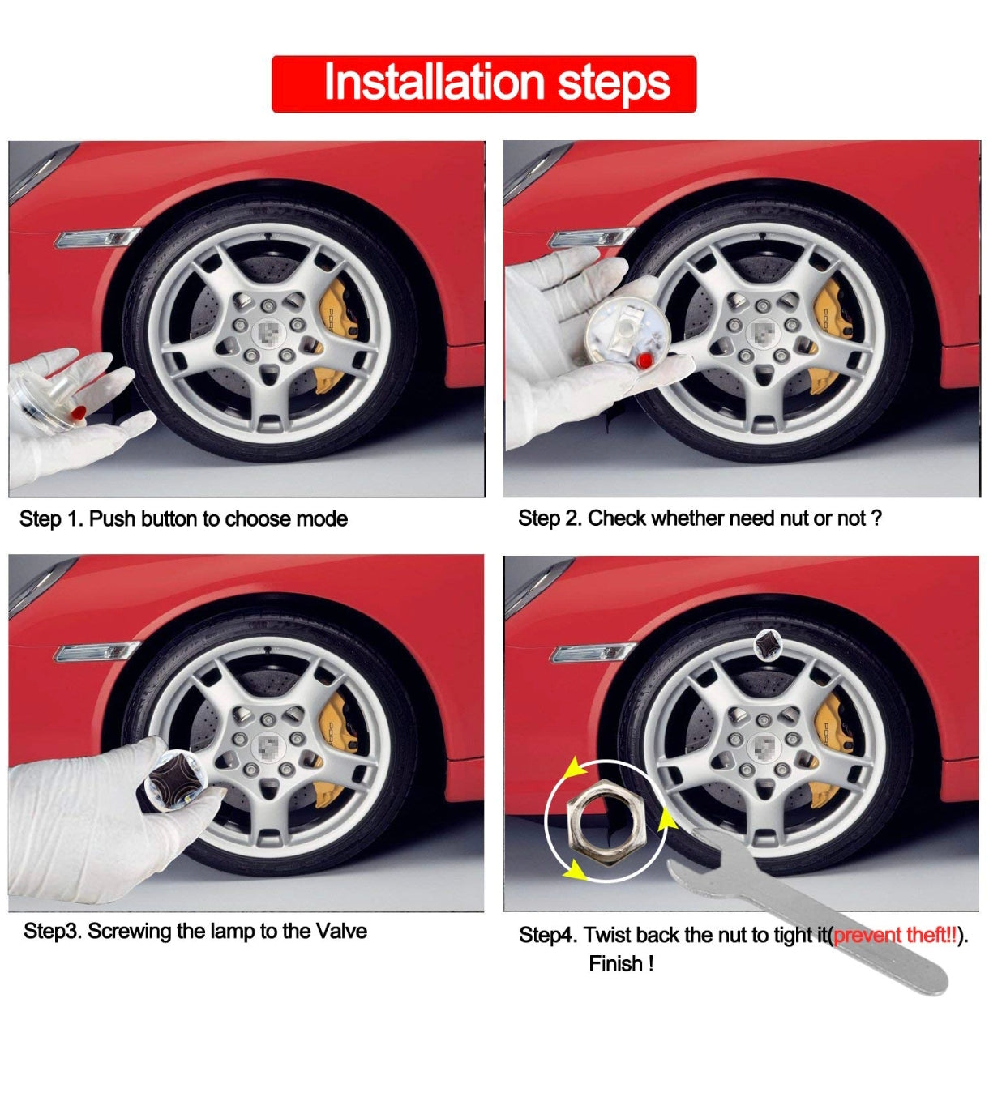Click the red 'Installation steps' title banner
pos(484,84)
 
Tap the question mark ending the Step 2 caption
pos(876,518)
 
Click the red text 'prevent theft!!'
pos(895,934)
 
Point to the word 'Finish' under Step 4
pos(616,964)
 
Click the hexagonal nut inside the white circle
pos(606,823)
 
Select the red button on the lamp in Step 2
pos(644,360)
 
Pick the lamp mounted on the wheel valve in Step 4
pos(768,646)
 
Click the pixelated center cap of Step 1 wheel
pos(269,334)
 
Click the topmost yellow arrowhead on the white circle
pos(575,768)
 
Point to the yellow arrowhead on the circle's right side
pos(666,818)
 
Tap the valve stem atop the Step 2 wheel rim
pos(763,236)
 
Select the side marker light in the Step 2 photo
pos(592,238)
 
